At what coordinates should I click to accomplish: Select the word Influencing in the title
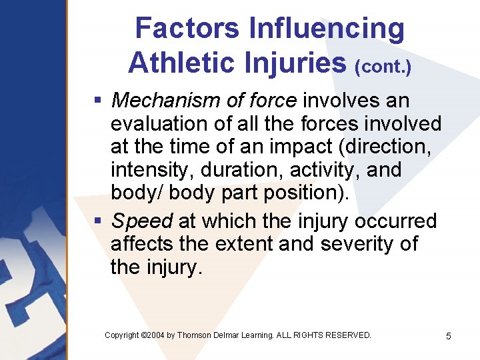pos(327,29)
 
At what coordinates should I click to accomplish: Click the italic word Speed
pos(142,221)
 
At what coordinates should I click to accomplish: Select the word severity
pos(358,244)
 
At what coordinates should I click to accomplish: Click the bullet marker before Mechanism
pos(97,101)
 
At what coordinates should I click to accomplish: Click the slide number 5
pos(448,336)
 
